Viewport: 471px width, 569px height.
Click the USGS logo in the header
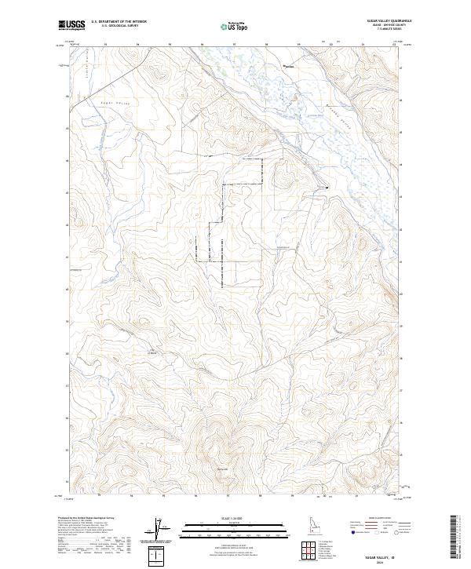71,26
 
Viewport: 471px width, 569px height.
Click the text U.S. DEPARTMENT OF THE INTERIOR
119,23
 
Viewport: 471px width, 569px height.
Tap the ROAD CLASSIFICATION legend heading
378,518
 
